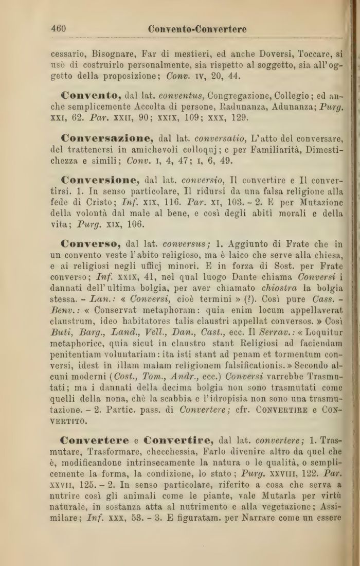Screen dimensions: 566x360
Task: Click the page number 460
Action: pos(58,29)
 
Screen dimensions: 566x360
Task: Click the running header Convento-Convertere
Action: pos(197,29)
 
